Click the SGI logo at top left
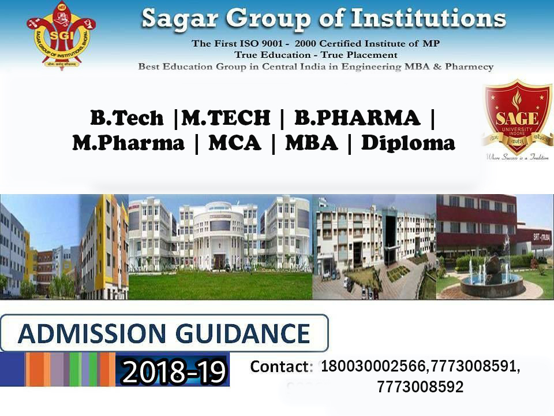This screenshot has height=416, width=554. point(61,36)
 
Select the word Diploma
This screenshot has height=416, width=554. point(408,143)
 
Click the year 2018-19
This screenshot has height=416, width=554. point(174,372)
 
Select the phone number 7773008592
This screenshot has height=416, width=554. point(420,388)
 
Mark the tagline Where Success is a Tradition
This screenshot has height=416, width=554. point(517,157)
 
